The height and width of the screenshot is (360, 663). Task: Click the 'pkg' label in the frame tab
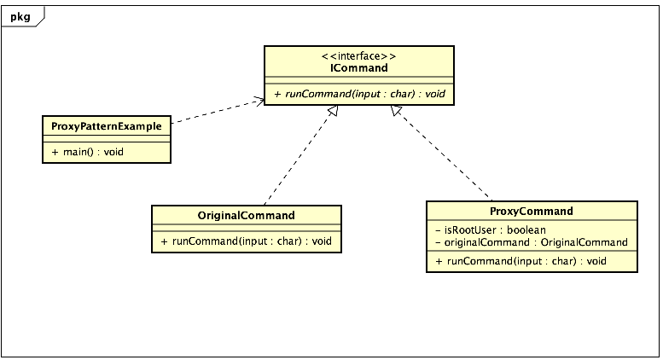[20, 15]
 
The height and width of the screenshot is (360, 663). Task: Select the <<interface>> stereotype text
[358, 55]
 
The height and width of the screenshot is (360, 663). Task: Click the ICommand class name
[358, 68]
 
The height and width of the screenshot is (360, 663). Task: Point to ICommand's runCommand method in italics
[358, 93]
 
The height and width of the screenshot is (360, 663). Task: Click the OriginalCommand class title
[246, 215]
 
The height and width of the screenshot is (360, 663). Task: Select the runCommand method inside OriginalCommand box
[246, 241]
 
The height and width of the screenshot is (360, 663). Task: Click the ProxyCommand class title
[531, 212]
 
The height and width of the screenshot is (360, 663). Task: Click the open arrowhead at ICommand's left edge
[259, 102]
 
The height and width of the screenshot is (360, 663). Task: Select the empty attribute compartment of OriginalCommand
[246, 228]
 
